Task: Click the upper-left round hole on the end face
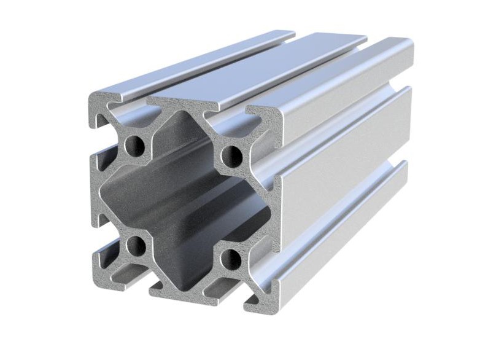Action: tap(134, 146)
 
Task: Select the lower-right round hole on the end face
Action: tap(231, 259)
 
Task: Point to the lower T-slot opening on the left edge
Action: tap(98, 237)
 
